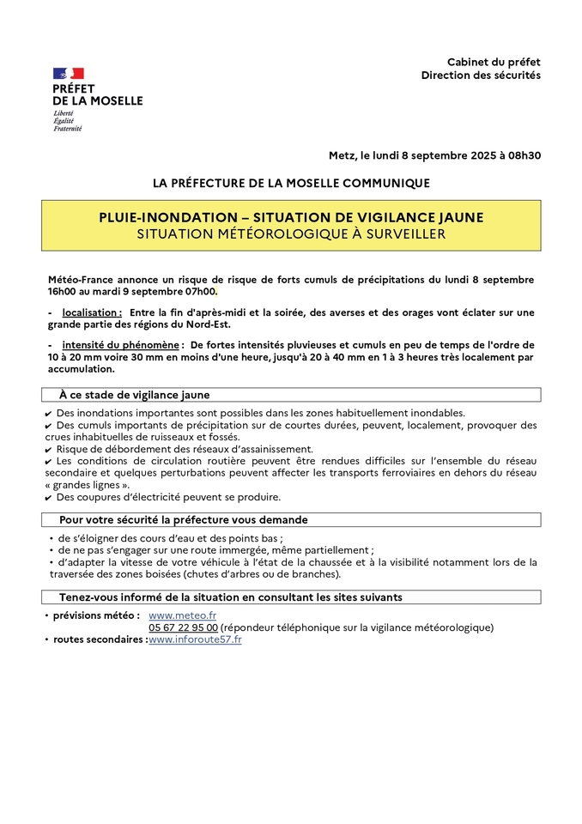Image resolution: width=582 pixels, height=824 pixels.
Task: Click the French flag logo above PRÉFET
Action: (x=69, y=74)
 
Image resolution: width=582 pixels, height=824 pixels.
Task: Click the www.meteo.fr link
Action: (x=182, y=615)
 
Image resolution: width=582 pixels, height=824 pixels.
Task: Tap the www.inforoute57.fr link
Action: (x=195, y=639)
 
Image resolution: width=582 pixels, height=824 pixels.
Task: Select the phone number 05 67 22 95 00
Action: (x=183, y=627)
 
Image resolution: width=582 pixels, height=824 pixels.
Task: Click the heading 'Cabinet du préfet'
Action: (x=494, y=62)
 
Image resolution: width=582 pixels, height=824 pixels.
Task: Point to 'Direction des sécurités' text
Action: (x=481, y=76)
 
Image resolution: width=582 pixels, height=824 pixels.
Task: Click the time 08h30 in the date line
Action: (x=524, y=155)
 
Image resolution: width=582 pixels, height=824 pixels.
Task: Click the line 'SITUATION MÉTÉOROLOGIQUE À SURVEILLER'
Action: (x=291, y=233)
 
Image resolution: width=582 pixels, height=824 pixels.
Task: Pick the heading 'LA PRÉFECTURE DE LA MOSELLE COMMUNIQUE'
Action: (x=291, y=183)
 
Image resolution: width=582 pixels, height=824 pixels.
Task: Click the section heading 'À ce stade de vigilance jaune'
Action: (x=134, y=395)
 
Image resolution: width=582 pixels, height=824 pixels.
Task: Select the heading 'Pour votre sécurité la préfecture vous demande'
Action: (x=183, y=519)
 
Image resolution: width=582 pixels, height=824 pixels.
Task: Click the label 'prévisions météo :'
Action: (x=95, y=615)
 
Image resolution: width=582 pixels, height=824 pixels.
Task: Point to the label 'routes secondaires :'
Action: (x=100, y=639)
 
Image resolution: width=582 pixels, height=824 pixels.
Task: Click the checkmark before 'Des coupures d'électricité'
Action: (x=48, y=498)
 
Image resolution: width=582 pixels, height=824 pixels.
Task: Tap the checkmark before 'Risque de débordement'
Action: (x=48, y=450)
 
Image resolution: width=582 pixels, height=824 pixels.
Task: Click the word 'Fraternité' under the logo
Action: (x=68, y=129)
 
